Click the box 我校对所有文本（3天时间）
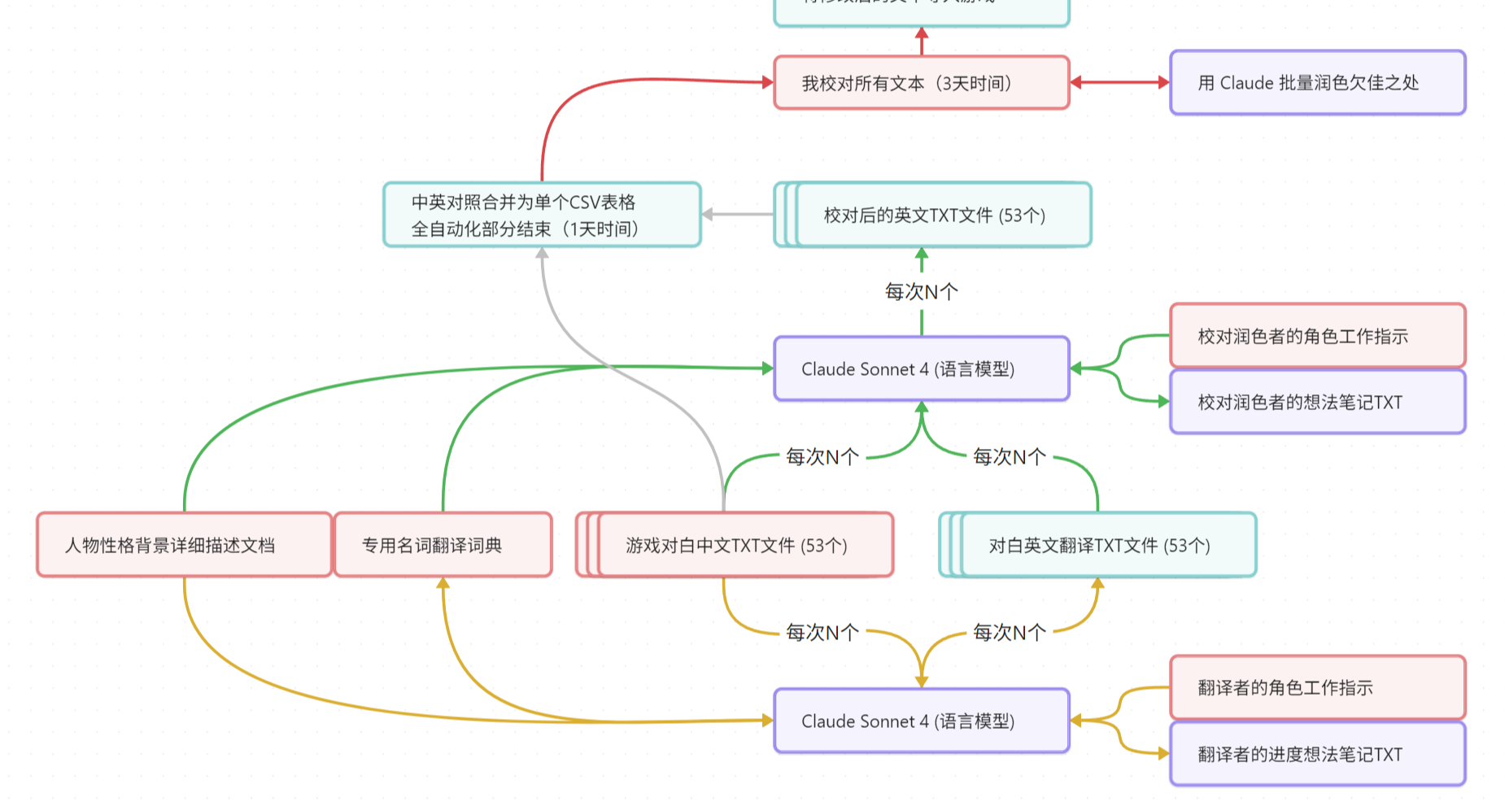tap(921, 83)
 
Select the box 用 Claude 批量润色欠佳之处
tap(1317, 83)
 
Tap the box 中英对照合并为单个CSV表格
tap(542, 215)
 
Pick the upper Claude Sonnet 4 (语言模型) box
tap(921, 369)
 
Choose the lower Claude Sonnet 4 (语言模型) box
tap(921, 721)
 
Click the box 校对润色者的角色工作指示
tap(1317, 336)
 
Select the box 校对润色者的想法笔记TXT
tap(1317, 402)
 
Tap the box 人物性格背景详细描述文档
tap(185, 545)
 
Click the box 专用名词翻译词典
tap(443, 545)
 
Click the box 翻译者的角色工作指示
tap(1317, 688)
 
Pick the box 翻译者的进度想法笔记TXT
tap(1317, 754)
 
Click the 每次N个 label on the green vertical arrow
tap(921, 291)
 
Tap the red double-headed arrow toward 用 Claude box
tap(1119, 82)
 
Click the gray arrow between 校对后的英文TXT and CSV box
tap(737, 215)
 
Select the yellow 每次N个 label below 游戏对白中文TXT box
tap(822, 632)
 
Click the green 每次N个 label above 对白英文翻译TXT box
tap(1010, 457)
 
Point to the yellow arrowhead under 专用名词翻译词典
tap(443, 583)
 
